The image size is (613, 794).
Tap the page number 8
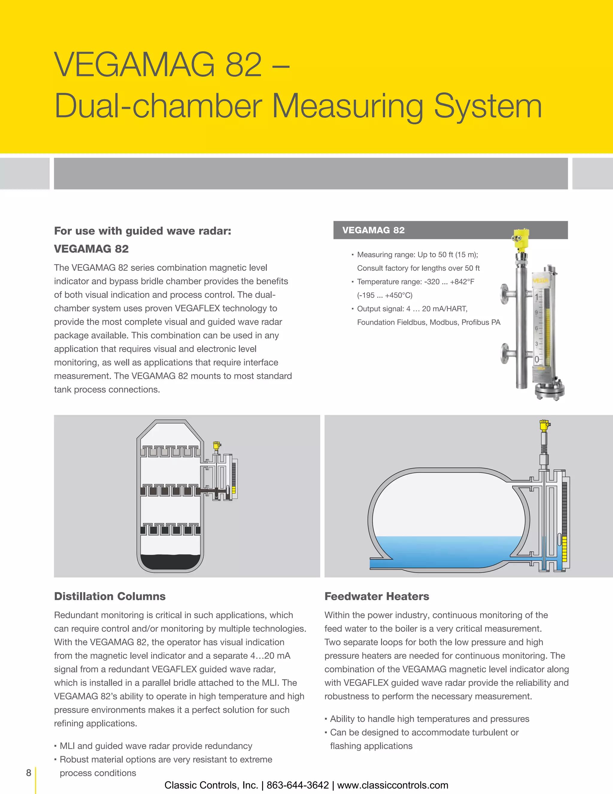click(29, 772)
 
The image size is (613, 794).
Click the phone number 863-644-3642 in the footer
click(298, 785)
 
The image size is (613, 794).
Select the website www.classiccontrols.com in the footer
click(393, 785)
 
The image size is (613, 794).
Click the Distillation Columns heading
click(110, 596)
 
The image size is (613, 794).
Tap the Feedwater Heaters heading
click(377, 596)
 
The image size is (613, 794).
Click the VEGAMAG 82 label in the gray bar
click(373, 230)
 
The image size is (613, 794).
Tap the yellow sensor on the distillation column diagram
click(217, 445)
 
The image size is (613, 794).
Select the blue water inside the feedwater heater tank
click(447, 551)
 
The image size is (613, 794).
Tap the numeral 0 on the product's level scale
click(537, 360)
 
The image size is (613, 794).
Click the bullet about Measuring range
click(417, 254)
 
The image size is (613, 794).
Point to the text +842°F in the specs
click(462, 282)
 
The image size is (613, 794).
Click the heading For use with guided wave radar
click(142, 231)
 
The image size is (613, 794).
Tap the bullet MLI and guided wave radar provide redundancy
click(155, 746)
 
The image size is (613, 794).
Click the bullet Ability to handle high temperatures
click(429, 719)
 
